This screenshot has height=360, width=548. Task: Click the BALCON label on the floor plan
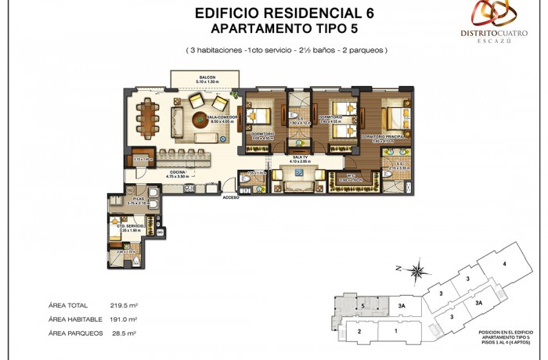click(x=207, y=77)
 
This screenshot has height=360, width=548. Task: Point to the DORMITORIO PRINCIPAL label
click(x=382, y=136)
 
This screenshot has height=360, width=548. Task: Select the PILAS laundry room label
click(x=138, y=200)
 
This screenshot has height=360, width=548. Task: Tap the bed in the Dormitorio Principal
click(x=395, y=118)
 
